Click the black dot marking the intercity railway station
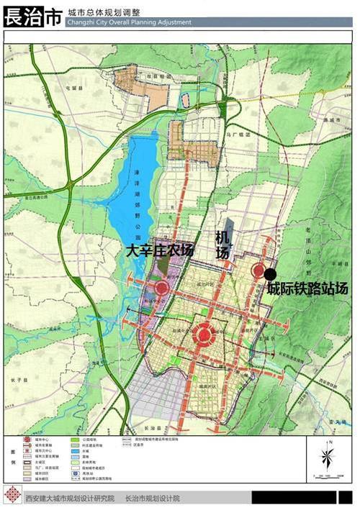[270, 274]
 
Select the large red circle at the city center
[204, 333]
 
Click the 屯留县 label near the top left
[72, 87]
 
